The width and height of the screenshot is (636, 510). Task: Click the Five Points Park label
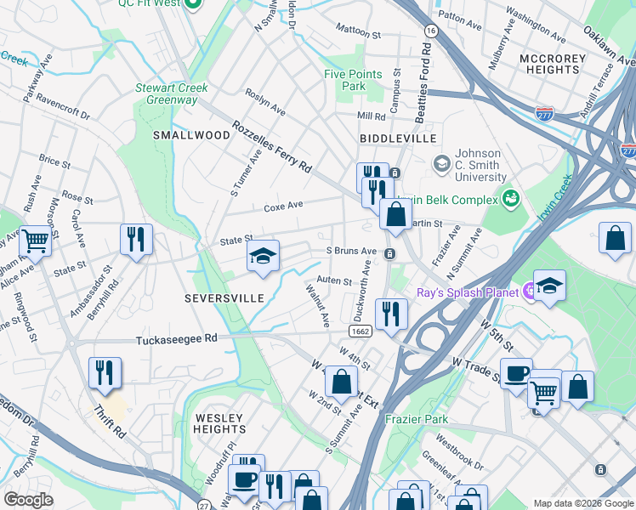tap(355, 80)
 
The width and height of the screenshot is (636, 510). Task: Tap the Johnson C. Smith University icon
tap(441, 162)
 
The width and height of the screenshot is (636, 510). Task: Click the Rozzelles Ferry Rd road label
tap(272, 147)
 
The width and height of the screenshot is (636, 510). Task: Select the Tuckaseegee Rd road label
tap(177, 338)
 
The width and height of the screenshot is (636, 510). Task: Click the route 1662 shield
tap(359, 330)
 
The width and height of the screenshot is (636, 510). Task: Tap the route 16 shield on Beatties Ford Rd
tap(432, 31)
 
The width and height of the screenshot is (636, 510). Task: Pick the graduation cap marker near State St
tap(264, 257)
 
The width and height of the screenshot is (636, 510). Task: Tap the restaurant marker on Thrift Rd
tap(105, 372)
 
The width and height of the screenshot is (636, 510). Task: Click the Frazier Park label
tap(416, 419)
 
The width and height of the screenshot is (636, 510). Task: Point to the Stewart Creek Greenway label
tap(166, 93)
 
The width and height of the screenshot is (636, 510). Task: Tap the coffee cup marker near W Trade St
tap(517, 374)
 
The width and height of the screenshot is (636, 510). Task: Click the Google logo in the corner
tap(28, 499)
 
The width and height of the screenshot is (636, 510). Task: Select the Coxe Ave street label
tap(283, 206)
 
